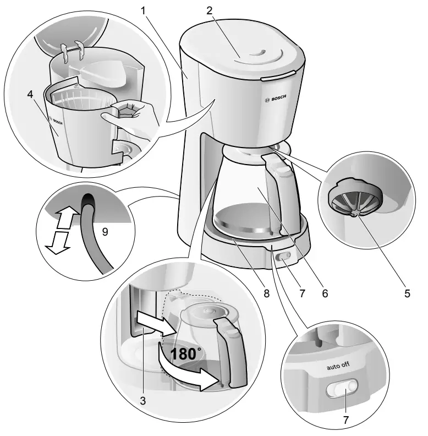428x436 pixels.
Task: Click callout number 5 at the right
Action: [407, 293]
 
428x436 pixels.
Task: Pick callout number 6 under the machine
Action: [325, 293]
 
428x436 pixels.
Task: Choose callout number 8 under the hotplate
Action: [266, 293]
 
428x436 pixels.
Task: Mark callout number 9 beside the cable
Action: [105, 232]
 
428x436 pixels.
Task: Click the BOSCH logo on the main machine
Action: [275, 99]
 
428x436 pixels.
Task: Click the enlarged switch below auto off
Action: [341, 390]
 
